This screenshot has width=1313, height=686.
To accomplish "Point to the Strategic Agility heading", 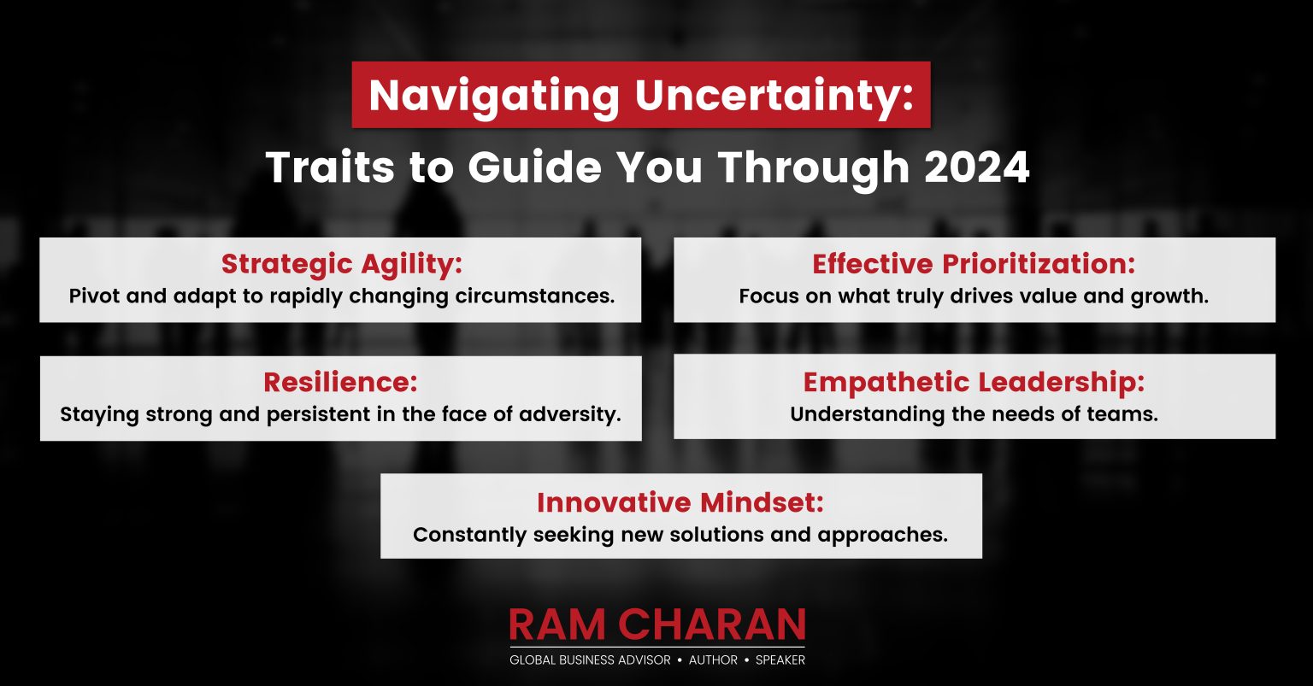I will tap(341, 264).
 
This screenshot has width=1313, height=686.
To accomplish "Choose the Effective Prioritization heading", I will tap(974, 264).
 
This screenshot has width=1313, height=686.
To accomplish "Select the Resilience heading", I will tap(340, 382).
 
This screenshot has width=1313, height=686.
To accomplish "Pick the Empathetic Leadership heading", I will tap(974, 382).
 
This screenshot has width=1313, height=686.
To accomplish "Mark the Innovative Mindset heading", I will tap(680, 502).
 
